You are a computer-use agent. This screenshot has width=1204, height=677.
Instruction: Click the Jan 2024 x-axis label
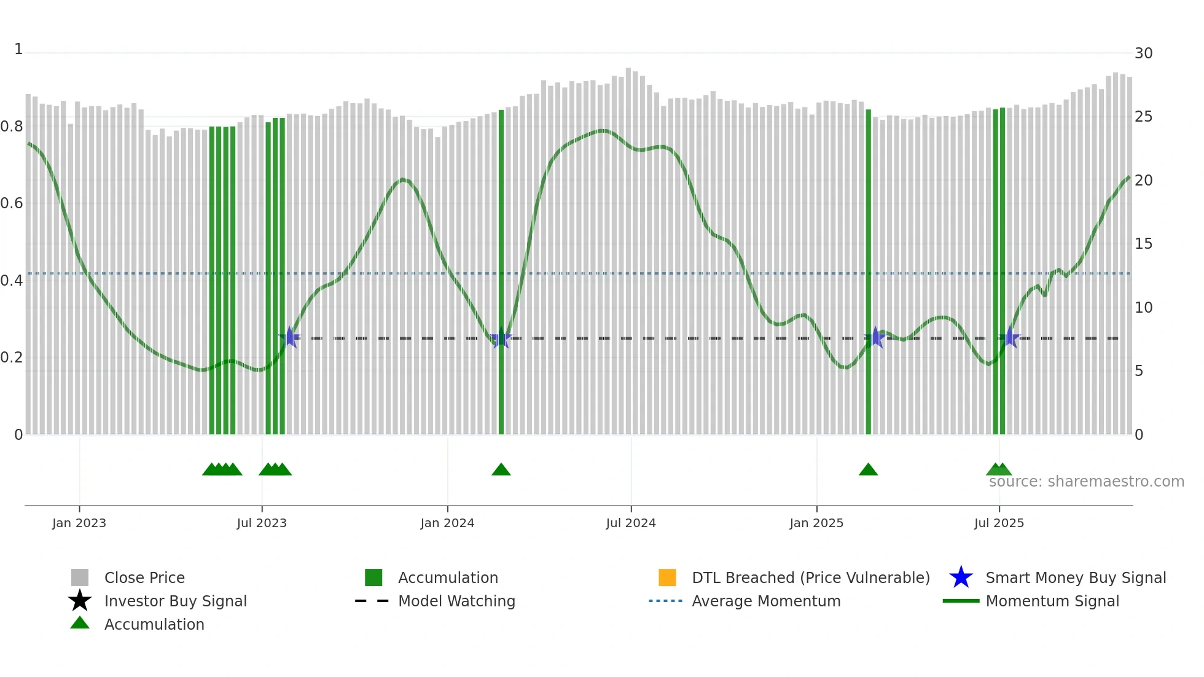(447, 523)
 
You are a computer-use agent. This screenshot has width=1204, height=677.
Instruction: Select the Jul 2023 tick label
(262, 523)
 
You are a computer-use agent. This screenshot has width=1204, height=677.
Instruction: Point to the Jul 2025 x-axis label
(999, 523)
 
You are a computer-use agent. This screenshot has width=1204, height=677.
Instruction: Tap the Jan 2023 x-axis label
(79, 523)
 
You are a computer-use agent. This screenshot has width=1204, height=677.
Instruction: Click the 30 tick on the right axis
(1143, 53)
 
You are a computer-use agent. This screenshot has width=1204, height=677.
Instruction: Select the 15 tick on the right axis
(1143, 244)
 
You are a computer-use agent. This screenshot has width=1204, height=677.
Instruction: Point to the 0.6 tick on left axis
(12, 203)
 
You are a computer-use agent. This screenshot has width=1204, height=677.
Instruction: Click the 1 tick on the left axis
(18, 49)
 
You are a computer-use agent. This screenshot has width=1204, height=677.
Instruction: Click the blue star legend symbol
(961, 577)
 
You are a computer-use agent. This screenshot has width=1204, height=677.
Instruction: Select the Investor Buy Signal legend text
(176, 601)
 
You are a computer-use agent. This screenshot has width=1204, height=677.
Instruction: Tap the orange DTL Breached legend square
(667, 577)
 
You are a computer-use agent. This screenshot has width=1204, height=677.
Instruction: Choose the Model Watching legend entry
(456, 601)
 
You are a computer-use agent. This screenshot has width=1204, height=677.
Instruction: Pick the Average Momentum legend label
(766, 601)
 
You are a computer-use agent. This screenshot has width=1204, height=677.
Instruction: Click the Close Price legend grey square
(80, 577)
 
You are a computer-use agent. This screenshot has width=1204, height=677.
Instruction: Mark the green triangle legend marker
(80, 623)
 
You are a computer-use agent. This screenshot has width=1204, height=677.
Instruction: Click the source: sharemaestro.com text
(1086, 482)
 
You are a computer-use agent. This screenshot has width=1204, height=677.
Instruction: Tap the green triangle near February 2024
(501, 470)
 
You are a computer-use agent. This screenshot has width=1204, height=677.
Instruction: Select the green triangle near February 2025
(868, 470)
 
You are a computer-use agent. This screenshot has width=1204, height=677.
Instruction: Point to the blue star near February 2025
(875, 337)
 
